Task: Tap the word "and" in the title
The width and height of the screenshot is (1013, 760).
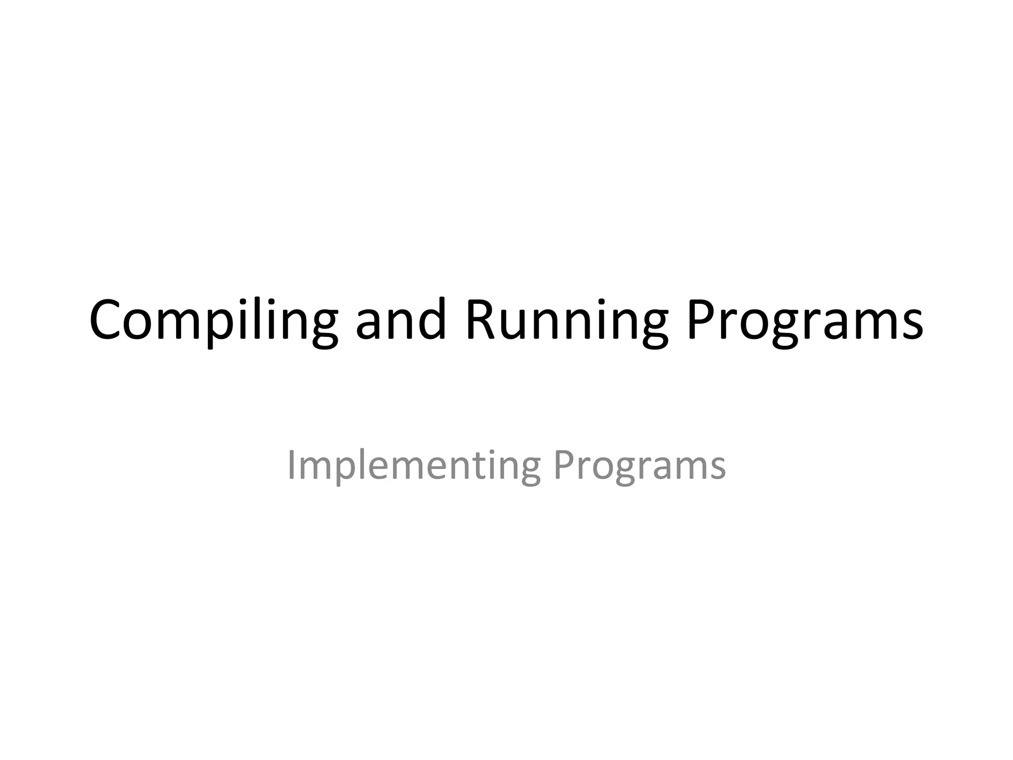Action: click(401, 321)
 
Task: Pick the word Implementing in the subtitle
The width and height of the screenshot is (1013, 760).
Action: click(414, 466)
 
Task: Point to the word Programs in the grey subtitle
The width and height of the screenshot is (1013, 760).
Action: click(639, 466)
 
